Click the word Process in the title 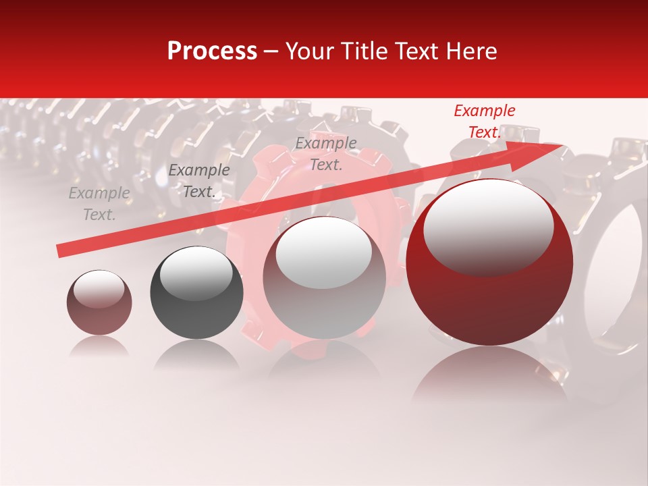[212, 51]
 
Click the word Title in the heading [369, 51]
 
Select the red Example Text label [484, 122]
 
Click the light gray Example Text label [99, 204]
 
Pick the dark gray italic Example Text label [199, 181]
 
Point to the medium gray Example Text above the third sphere [326, 153]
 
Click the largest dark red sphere [489, 297]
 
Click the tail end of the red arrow [61, 250]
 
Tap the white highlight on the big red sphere [488, 226]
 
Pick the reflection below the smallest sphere [99, 347]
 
